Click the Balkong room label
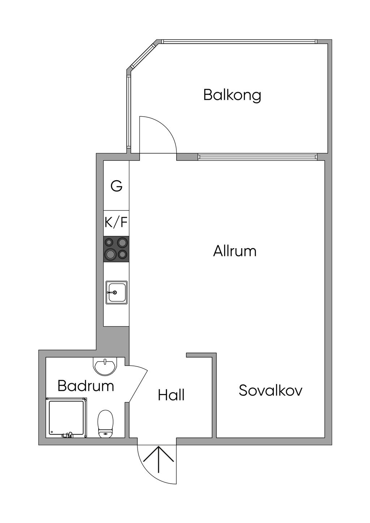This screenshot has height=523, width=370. [232, 95]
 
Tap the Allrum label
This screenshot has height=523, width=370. [235, 251]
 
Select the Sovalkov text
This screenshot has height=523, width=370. [270, 390]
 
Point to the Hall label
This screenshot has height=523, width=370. [171, 395]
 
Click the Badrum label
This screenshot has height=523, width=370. [86, 386]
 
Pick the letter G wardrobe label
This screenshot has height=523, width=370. [116, 186]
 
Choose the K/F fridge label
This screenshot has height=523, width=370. [116, 222]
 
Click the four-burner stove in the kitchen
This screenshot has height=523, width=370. [116, 249]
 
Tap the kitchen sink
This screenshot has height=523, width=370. [116, 292]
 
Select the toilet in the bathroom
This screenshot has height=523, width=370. [105, 423]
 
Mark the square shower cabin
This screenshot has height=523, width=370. [66, 418]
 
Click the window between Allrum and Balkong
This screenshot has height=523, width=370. [257, 157]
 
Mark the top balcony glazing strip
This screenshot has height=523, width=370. [239, 42]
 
